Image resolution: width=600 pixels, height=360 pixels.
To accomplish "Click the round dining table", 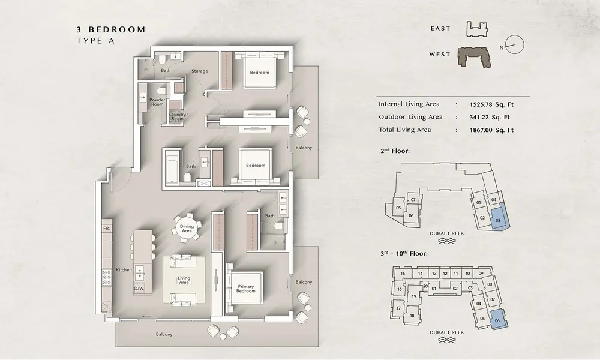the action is pyautogui.click(x=187, y=229).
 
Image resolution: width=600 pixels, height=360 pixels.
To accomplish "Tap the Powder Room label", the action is pyautogui.click(x=157, y=102).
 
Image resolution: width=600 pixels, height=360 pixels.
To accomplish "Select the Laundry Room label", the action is pyautogui.click(x=177, y=116).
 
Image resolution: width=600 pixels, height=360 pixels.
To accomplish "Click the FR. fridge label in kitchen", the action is pyautogui.click(x=106, y=229).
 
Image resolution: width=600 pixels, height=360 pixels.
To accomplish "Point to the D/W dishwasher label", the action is pyautogui.click(x=139, y=288).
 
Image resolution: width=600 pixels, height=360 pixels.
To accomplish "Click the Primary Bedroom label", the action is pyautogui.click(x=245, y=289).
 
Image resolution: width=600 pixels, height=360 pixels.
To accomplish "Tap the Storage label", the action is pyautogui.click(x=200, y=71).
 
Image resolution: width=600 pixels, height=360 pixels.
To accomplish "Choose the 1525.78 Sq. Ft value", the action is pyautogui.click(x=491, y=104).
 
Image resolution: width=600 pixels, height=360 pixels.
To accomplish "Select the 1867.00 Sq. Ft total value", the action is pyautogui.click(x=491, y=130).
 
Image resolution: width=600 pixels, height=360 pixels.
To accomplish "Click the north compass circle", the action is pyautogui.click(x=514, y=45).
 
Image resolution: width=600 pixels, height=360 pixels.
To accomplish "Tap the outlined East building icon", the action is pyautogui.click(x=477, y=29).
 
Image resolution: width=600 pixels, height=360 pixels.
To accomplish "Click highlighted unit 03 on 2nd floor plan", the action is pyautogui.click(x=498, y=218).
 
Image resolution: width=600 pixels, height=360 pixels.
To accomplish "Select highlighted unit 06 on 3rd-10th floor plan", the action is pyautogui.click(x=498, y=319).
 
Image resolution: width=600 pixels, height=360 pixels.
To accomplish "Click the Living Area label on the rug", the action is pyautogui.click(x=184, y=280).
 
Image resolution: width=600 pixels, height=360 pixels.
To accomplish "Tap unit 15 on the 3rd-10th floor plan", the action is pyautogui.click(x=403, y=274).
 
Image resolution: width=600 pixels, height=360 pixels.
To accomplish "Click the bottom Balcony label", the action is pyautogui.click(x=164, y=334).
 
